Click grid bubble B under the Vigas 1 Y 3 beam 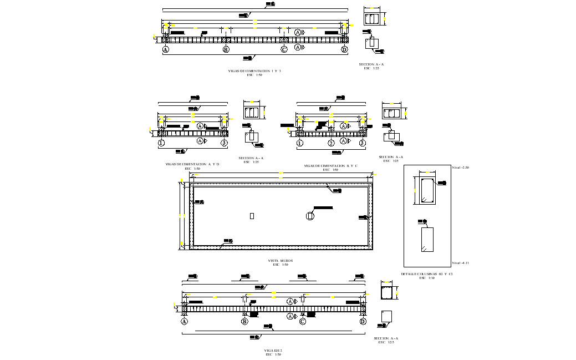[226, 49]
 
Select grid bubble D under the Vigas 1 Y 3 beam [344, 49]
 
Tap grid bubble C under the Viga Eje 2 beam [303, 321]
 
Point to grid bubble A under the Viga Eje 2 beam [184, 321]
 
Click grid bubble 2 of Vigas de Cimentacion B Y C [331, 143]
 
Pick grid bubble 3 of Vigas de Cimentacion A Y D [224, 143]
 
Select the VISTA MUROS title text [280, 261]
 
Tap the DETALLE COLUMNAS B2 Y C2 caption [427, 274]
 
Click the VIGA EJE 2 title [273, 351]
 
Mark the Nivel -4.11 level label [460, 263]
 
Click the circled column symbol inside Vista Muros [310, 216]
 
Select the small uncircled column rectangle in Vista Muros [252, 216]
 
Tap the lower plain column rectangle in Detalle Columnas [427, 240]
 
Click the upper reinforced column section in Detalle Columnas [427, 190]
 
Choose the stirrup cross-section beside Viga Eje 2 [386, 292]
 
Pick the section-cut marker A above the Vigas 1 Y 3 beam [298, 33]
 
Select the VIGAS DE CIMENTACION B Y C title [330, 166]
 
